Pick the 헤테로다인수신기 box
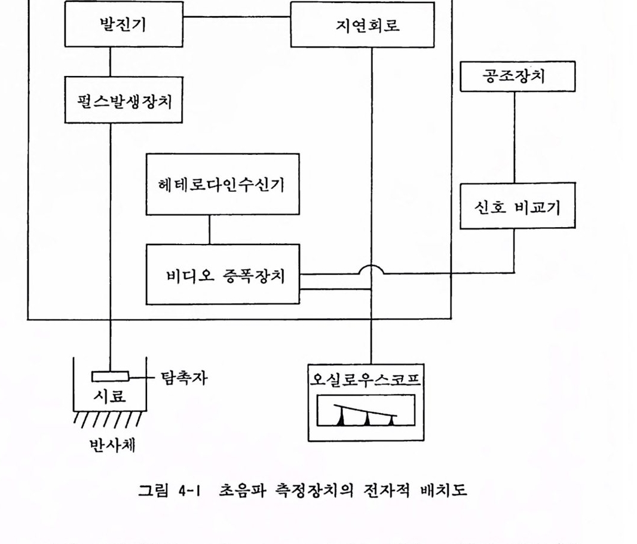click(222, 184)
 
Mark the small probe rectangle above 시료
click(110, 377)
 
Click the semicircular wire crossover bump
click(372, 270)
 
